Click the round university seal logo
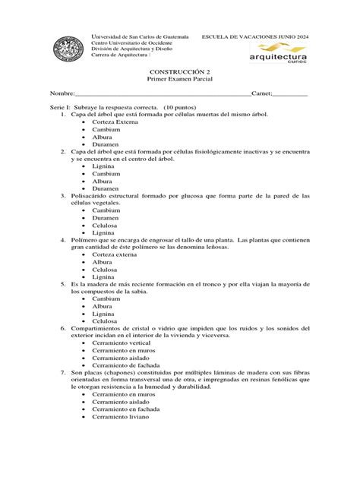(x=68, y=51)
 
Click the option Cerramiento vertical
(x=122, y=343)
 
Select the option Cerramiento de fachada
(x=126, y=365)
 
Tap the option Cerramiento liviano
(x=121, y=417)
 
